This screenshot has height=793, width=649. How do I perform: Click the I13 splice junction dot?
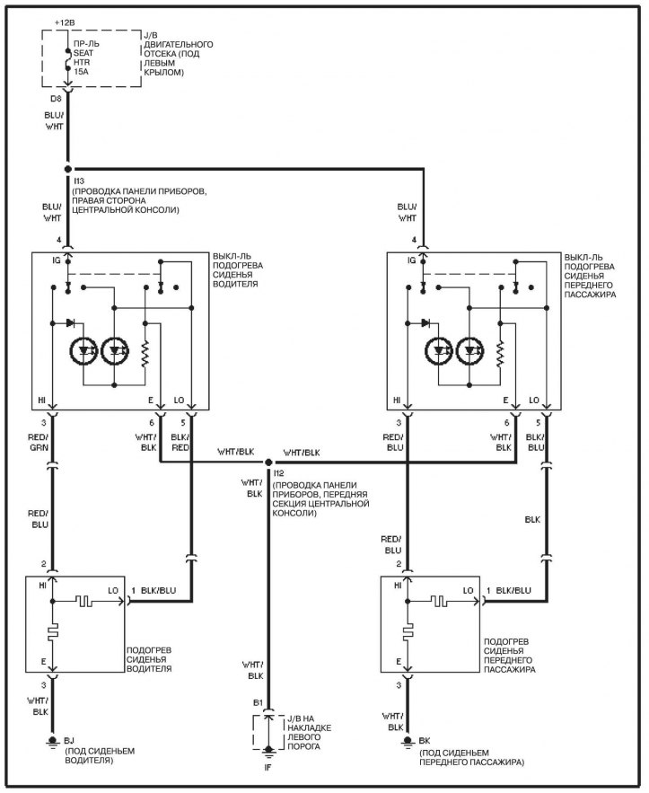coord(67,168)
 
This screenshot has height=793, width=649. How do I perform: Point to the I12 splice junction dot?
coord(268,463)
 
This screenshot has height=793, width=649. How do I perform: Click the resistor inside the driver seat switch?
coord(145,354)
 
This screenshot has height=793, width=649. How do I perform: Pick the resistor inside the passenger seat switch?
coord(500,354)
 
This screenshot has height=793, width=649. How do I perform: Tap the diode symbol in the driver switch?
coord(70,322)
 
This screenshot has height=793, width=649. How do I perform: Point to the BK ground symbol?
coord(408,742)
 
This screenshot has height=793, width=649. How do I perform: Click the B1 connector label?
coord(257,701)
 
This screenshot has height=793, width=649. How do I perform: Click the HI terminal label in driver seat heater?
coord(42,586)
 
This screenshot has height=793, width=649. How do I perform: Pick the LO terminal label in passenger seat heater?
coord(469,590)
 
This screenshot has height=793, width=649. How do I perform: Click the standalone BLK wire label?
coord(533,519)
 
